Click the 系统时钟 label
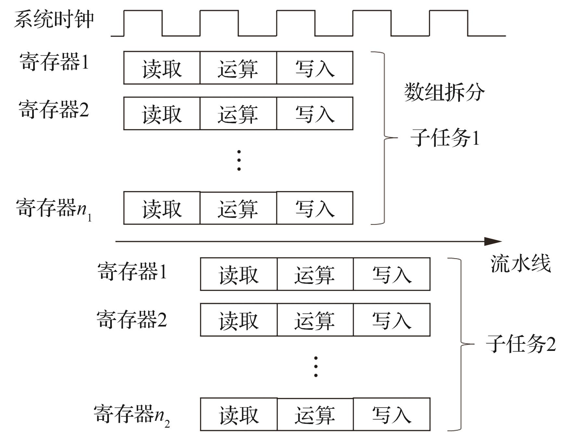[x=54, y=20]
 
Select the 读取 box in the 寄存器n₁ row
[x=162, y=208]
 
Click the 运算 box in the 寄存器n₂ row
[x=315, y=415]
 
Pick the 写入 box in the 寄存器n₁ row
[x=315, y=208]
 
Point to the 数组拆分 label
[x=444, y=92]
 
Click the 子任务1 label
[x=445, y=138]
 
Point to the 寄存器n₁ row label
[x=54, y=209]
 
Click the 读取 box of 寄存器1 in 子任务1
[x=162, y=68]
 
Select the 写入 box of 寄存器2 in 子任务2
[x=392, y=320]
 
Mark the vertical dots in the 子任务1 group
[x=239, y=160]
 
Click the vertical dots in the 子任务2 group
[x=316, y=367]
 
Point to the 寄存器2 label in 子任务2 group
[x=131, y=319]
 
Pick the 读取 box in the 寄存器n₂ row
[x=239, y=415]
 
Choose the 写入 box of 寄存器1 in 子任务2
[x=392, y=274]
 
